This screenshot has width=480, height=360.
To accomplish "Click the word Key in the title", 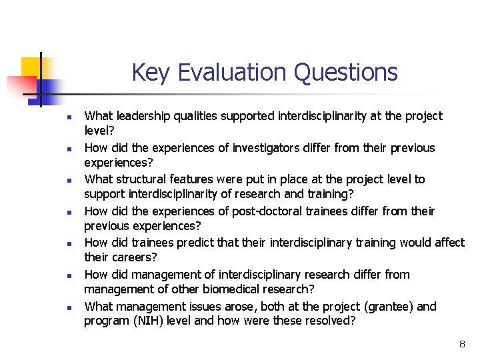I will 150,72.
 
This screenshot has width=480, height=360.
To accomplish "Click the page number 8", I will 461,345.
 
